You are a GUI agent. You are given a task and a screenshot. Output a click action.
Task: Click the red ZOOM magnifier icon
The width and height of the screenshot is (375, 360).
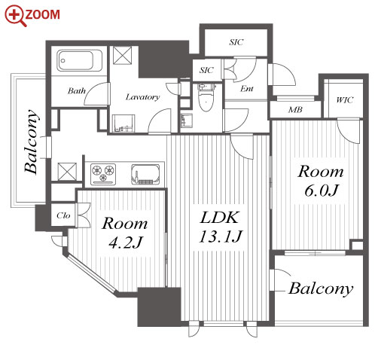click(x=16, y=16)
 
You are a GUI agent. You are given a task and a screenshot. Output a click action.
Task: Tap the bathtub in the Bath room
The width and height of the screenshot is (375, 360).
click(x=79, y=60)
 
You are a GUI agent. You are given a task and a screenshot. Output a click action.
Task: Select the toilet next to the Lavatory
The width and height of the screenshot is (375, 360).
click(x=206, y=99)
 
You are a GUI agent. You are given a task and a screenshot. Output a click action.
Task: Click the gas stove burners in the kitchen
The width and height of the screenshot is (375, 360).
click(x=103, y=174)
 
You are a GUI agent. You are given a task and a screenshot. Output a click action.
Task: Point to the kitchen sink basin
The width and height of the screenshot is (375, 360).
click(x=145, y=174)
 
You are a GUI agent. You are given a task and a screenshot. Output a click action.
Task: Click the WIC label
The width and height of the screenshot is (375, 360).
click(x=345, y=100)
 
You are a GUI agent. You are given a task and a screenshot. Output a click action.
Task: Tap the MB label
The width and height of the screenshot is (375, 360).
click(x=295, y=110)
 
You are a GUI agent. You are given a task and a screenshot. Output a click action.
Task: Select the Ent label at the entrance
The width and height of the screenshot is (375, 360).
click(x=247, y=89)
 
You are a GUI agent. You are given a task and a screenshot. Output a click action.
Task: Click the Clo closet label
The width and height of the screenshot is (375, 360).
click(x=63, y=215)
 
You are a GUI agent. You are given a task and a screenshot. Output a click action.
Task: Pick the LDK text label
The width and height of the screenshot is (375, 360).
click(x=219, y=218)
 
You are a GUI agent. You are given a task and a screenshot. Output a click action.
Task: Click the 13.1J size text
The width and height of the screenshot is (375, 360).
click(x=221, y=236)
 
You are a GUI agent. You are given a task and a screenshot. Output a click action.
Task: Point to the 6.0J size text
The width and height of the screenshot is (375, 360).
click(x=322, y=191)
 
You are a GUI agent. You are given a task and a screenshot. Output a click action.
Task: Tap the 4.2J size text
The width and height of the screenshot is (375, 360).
click(x=125, y=243)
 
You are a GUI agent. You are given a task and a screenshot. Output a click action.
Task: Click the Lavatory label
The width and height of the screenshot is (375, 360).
click(x=142, y=97)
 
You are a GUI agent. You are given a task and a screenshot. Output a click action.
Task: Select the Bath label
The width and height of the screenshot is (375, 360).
click(x=77, y=90)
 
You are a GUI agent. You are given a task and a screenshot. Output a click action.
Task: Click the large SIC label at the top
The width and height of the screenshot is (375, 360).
click(x=236, y=42)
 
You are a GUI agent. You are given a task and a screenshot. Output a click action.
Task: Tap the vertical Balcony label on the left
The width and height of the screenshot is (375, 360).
click(x=32, y=142)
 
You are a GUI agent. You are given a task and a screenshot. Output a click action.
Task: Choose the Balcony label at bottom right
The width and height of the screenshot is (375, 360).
click(x=321, y=288)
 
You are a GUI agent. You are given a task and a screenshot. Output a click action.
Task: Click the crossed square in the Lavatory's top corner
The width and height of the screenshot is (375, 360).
click(x=122, y=55)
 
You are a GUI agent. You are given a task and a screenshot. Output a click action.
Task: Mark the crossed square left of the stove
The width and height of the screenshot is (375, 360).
click(x=67, y=172)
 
